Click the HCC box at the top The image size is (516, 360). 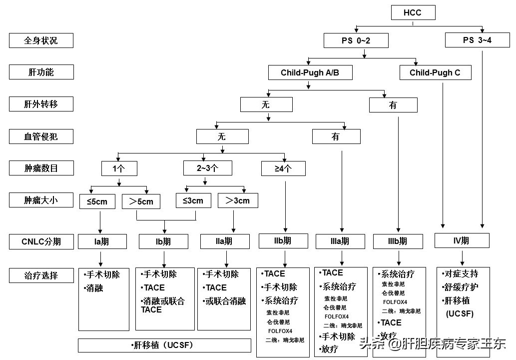[412, 12]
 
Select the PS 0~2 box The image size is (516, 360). [356, 40]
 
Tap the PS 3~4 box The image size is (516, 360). [477, 40]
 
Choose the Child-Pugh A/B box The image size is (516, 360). [310, 72]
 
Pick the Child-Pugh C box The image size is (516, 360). [435, 72]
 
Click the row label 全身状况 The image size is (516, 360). [41, 40]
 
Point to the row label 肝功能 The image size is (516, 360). [41, 72]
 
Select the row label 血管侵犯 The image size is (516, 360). [41, 136]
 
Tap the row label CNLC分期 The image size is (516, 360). [41, 241]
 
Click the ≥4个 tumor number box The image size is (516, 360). [283, 168]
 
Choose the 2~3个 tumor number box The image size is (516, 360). [207, 168]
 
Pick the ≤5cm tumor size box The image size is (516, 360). [97, 201]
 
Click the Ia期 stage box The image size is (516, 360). [101, 241]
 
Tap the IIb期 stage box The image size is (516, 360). [283, 240]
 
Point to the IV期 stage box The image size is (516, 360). [461, 240]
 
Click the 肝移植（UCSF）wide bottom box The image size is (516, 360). [164, 345]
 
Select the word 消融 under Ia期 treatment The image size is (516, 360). [94, 288]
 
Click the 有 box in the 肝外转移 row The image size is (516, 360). [393, 105]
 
